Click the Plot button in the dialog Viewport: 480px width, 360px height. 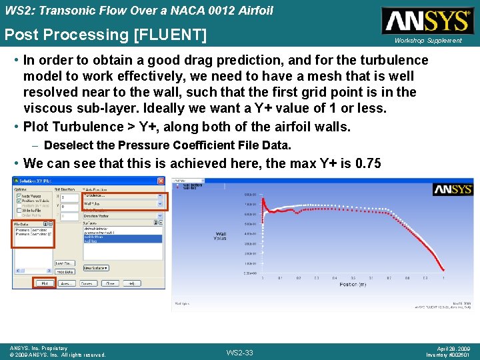click(44, 283)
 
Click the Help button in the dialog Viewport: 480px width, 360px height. click(131, 283)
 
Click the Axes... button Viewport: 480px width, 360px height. click(65, 283)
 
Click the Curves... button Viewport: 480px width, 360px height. click(87, 283)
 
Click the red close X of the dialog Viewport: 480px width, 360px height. click(161, 181)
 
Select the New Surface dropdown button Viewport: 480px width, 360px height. click(96, 267)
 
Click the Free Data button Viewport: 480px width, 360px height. click(64, 271)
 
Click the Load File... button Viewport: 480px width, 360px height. click(64, 263)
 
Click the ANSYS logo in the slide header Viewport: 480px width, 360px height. click(427, 21)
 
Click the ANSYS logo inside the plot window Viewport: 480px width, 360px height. click(453, 190)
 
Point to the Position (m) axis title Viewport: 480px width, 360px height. click(352, 285)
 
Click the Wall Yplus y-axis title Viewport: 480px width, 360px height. click(221, 237)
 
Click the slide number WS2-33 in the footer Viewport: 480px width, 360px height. click(240, 352)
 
